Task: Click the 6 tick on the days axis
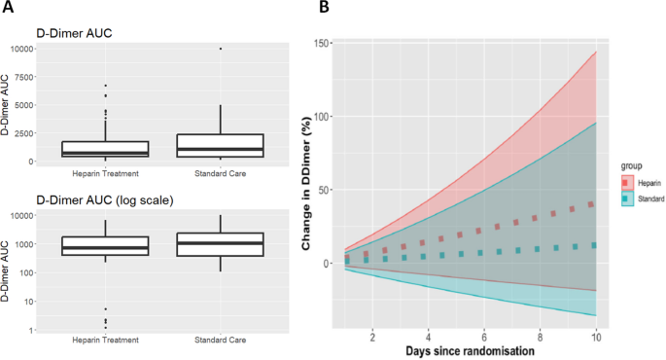click(x=483, y=334)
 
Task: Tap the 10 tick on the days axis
click(x=594, y=334)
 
